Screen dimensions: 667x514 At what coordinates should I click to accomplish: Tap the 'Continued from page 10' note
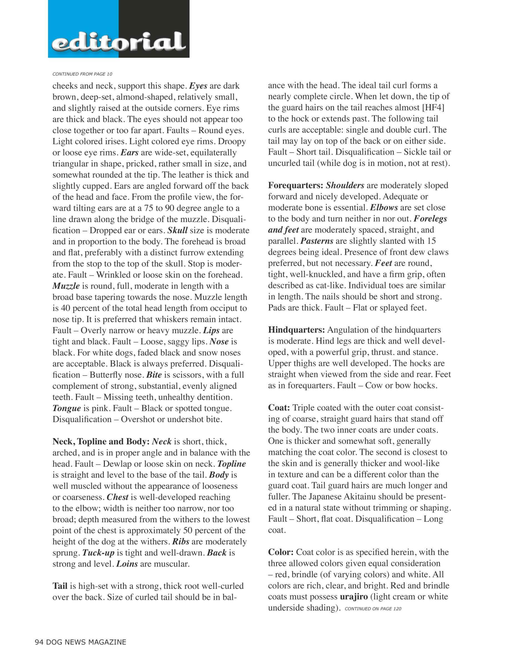click(83, 74)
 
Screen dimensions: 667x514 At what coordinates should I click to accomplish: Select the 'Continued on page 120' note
click(373, 609)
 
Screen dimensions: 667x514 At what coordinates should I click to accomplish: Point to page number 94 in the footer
click(39, 642)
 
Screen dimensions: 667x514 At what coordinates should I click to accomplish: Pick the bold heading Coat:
click(279, 408)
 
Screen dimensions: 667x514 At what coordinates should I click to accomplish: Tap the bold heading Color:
click(281, 552)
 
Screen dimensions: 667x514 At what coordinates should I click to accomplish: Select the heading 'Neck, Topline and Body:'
click(101, 441)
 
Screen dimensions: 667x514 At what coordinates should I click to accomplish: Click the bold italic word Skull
click(177, 230)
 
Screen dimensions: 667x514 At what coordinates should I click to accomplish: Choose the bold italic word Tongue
click(66, 408)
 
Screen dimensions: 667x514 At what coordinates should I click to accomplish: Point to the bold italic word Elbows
click(384, 208)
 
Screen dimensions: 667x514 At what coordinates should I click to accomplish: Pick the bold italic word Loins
click(127, 564)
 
